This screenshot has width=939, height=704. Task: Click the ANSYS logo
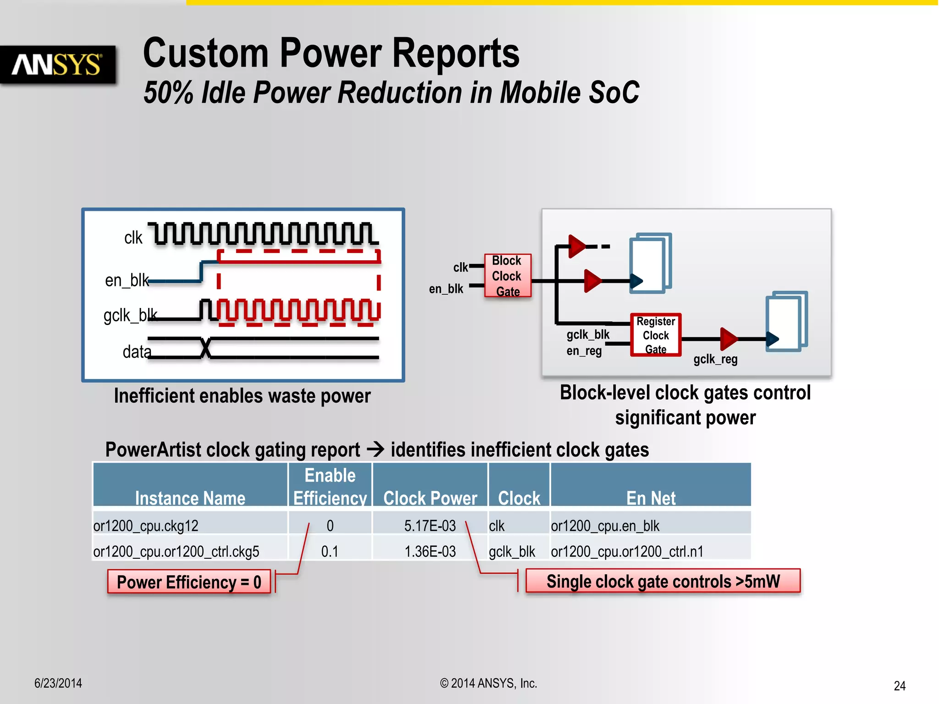(57, 65)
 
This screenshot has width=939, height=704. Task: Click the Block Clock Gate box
(507, 275)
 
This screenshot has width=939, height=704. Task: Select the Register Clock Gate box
(655, 335)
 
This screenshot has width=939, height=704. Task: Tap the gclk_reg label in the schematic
(715, 359)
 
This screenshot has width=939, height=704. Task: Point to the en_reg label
(584, 351)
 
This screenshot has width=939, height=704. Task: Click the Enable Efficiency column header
(330, 486)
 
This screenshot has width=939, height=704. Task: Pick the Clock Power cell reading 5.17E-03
(430, 526)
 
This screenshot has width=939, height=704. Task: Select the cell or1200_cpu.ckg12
(146, 526)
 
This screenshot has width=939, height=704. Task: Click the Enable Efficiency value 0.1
(329, 551)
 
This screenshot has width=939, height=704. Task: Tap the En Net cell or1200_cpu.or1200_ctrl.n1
(627, 551)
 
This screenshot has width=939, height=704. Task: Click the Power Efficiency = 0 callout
(189, 582)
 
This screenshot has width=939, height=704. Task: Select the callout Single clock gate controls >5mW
(663, 581)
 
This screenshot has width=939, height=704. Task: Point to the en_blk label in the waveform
(127, 280)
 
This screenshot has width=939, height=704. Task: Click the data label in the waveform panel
(136, 352)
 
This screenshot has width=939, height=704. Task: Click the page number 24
(899, 686)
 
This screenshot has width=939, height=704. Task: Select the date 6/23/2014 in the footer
(58, 683)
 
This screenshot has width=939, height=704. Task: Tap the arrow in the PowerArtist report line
(376, 449)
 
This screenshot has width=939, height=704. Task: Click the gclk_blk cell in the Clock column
(512, 551)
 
